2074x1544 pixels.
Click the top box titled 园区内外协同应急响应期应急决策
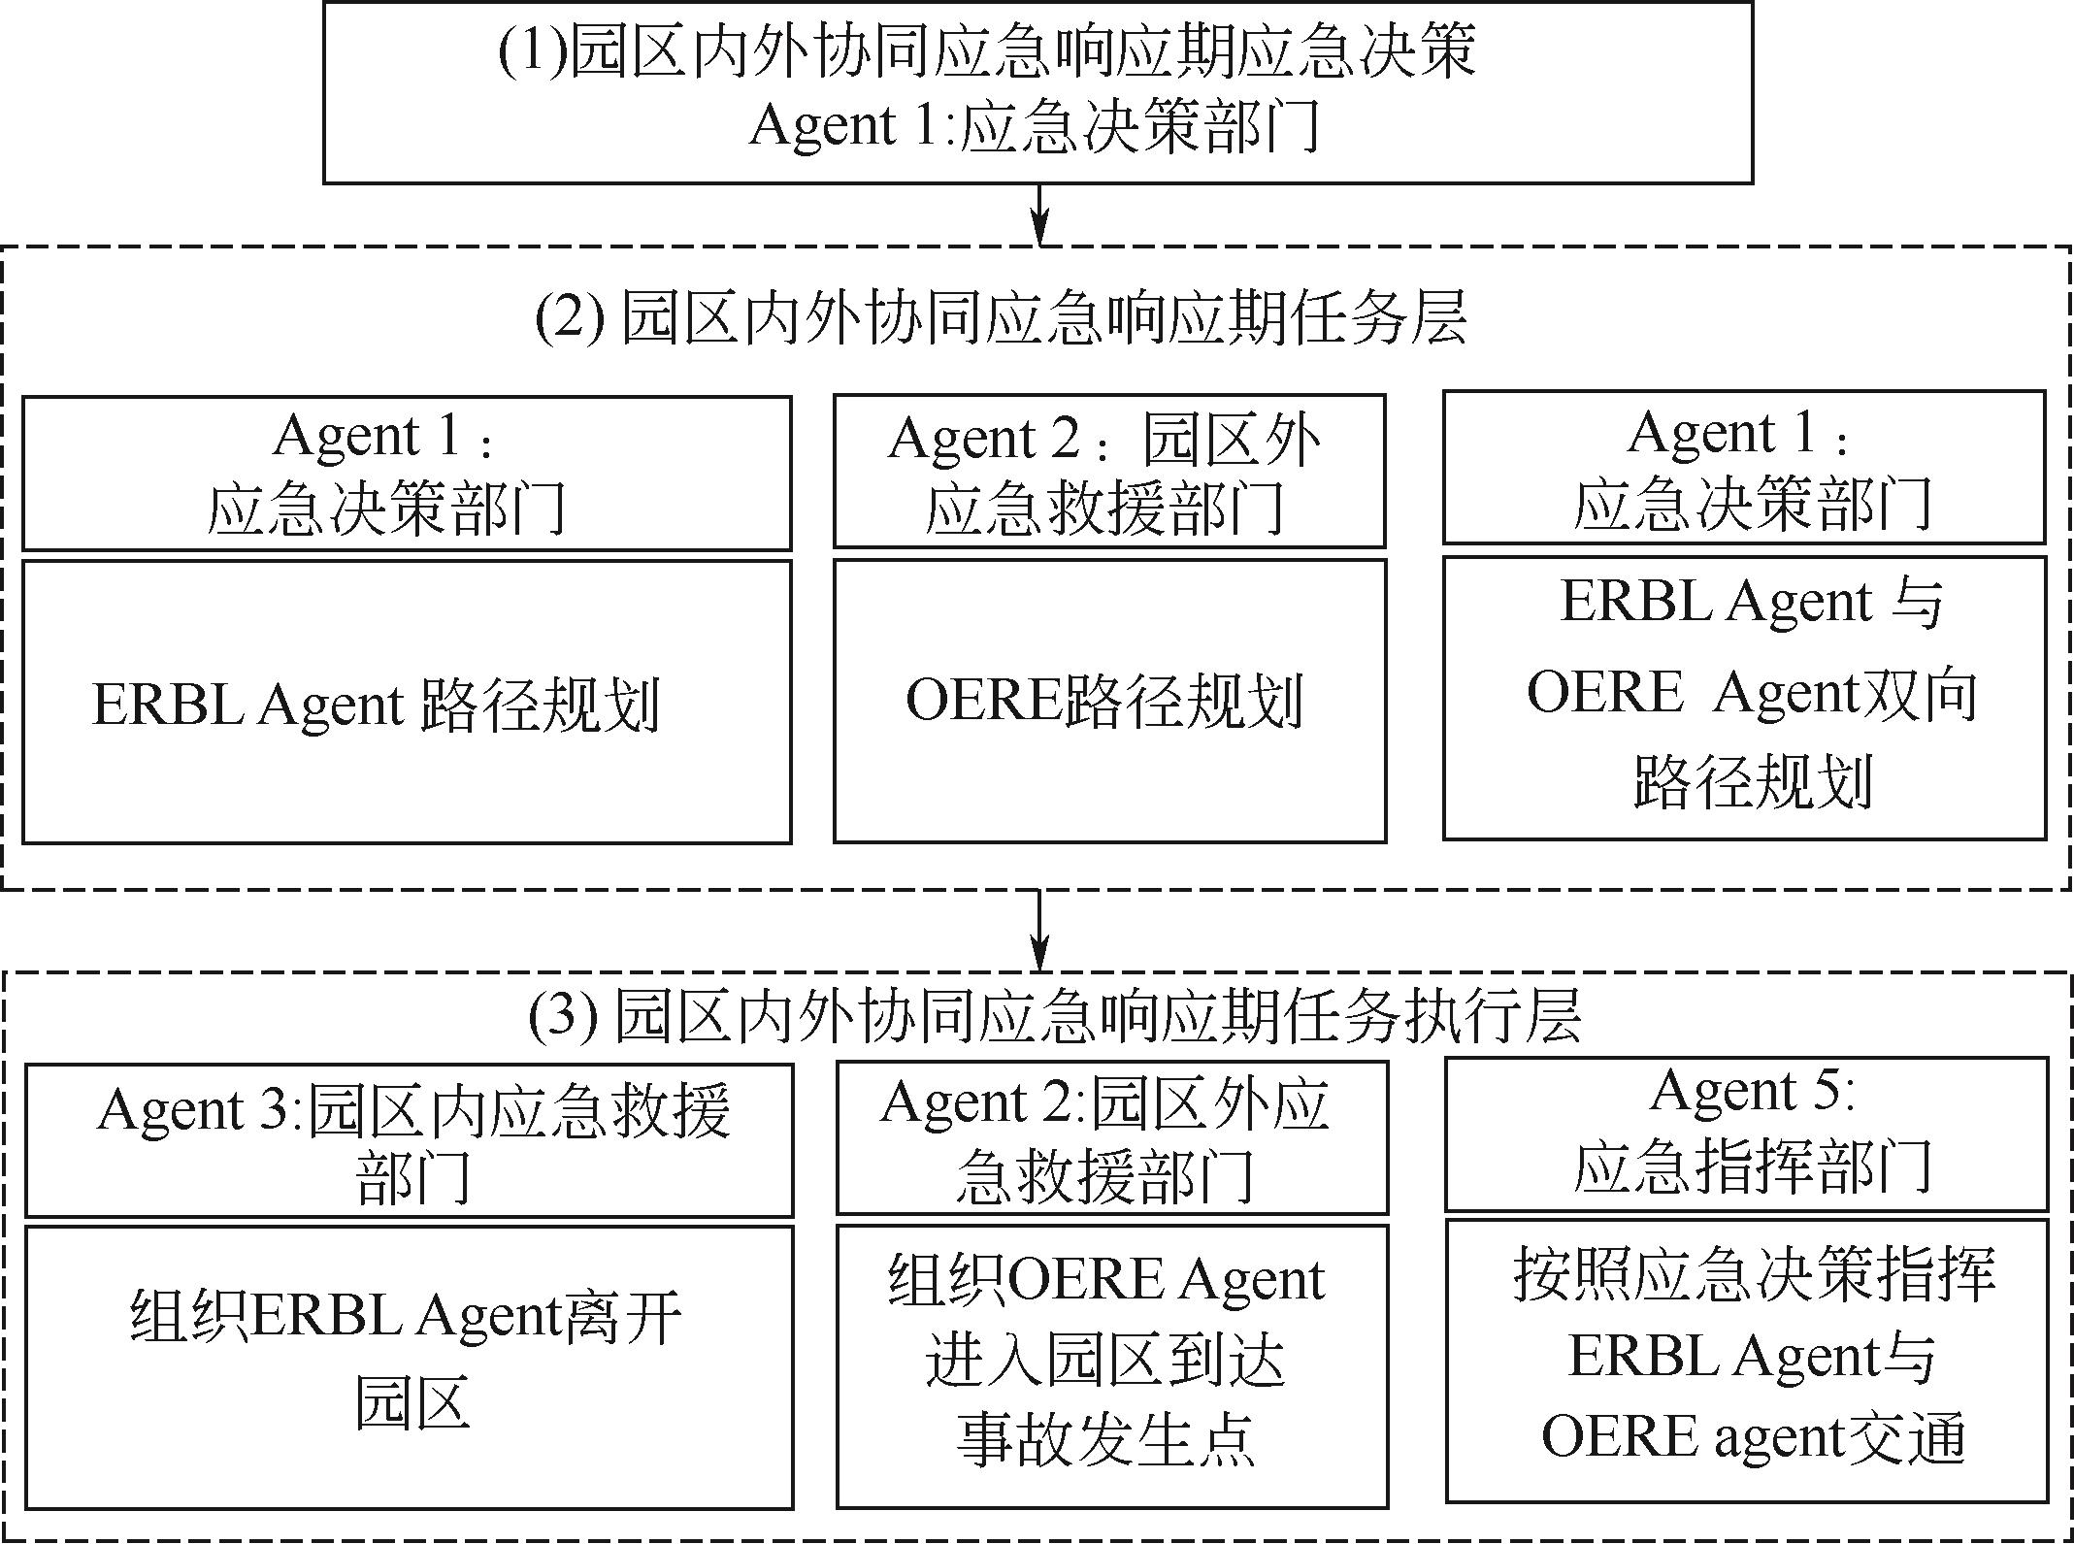pyautogui.click(x=1037, y=92)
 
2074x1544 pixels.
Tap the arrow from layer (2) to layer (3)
pyautogui.click(x=1039, y=930)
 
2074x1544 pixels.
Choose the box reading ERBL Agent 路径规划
pyautogui.click(x=407, y=701)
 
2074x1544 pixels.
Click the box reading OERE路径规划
pyautogui.click(x=1109, y=701)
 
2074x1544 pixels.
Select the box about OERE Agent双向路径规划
pyautogui.click(x=1744, y=697)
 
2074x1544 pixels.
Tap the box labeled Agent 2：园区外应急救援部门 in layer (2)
pyautogui.click(x=1109, y=472)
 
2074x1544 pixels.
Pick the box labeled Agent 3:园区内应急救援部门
pyautogui.click(x=409, y=1140)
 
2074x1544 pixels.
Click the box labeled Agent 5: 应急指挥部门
pyautogui.click(x=1746, y=1133)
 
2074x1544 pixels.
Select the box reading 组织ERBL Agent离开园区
pyautogui.click(x=409, y=1366)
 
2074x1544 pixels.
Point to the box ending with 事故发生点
pyautogui.click(x=1111, y=1365)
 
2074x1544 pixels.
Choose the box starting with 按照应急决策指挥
pyautogui.click(x=1746, y=1361)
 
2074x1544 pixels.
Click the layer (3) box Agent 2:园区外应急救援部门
pyautogui.click(x=1111, y=1137)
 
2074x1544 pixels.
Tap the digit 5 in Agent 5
pyautogui.click(x=1826, y=1092)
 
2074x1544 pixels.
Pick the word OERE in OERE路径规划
pyautogui.click(x=983, y=701)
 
